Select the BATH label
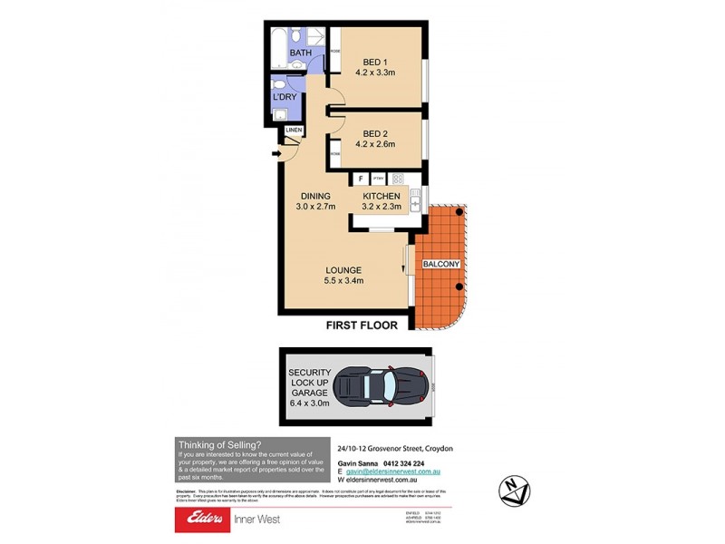click(300, 53)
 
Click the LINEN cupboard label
click(294, 131)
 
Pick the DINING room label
click(315, 196)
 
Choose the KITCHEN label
click(381, 196)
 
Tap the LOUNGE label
click(344, 270)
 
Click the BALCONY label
click(441, 264)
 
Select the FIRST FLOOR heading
click(361, 325)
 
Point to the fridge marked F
click(360, 179)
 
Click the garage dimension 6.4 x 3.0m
click(311, 408)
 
